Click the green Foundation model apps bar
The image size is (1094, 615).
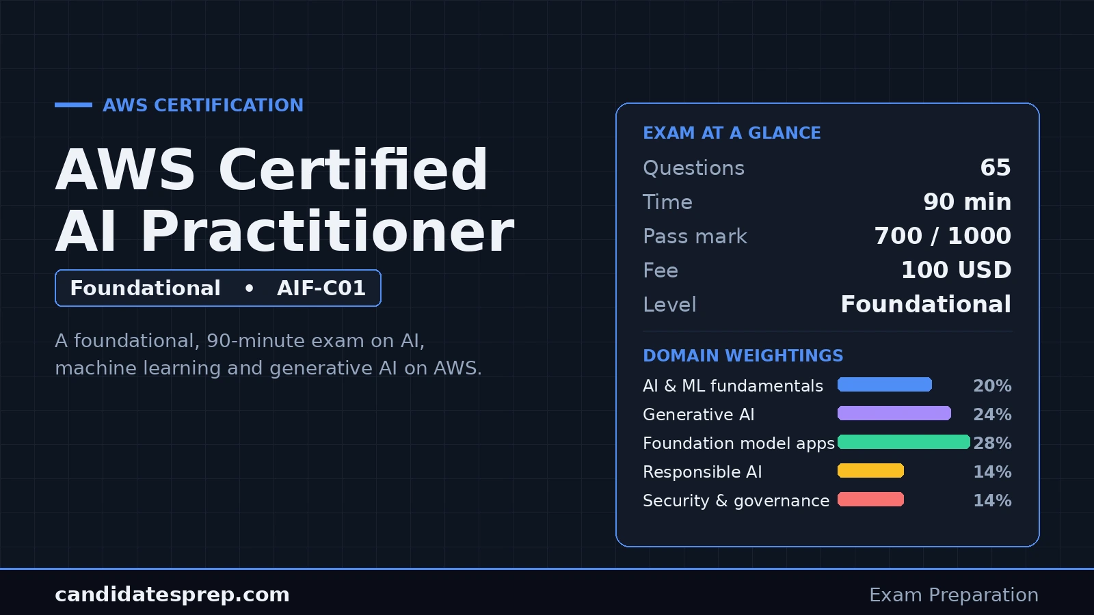pos(903,441)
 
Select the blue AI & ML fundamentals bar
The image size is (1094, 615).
pos(885,385)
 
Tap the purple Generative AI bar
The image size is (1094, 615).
pos(894,413)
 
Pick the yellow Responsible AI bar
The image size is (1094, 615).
pos(870,471)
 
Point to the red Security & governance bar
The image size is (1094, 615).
pos(870,500)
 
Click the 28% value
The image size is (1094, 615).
pos(992,443)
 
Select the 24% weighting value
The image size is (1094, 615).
pos(992,414)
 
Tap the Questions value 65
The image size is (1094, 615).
pos(996,167)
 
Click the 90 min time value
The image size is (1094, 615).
pos(967,202)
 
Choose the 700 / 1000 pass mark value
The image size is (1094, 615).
pos(943,236)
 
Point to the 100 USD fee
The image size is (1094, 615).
pos(957,270)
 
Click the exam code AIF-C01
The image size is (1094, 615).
pos(321,288)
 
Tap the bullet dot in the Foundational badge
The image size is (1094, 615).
pos(249,288)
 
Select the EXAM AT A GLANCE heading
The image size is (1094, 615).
pos(732,133)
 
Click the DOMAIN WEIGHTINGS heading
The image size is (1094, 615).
pos(743,355)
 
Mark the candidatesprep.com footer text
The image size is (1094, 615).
pos(172,594)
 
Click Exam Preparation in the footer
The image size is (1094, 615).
pos(954,595)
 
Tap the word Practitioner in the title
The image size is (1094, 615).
pos(328,231)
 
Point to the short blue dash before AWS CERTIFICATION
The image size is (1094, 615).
pos(73,105)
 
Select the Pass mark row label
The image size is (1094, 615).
pos(695,236)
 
